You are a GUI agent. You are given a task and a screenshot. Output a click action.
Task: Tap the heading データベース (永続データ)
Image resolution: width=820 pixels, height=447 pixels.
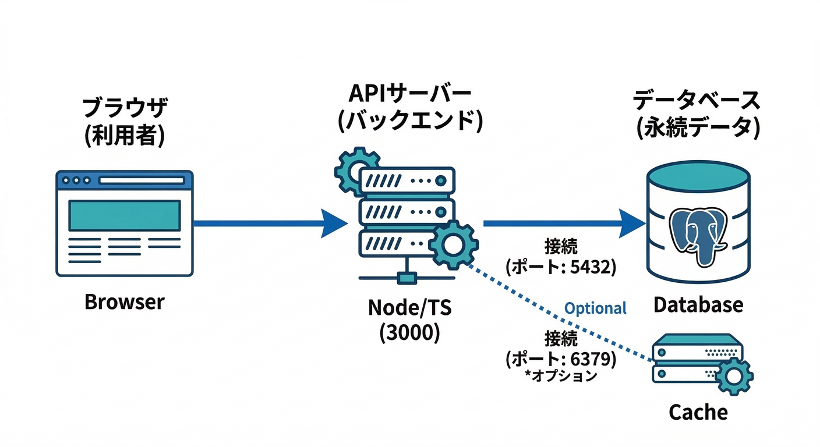point(697,114)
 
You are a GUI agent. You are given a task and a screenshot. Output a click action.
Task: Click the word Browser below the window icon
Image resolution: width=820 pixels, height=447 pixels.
point(125,302)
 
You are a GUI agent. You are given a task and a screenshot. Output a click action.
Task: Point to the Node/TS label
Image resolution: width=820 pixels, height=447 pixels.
point(409,308)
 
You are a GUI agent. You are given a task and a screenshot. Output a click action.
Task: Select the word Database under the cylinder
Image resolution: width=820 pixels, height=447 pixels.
point(698,304)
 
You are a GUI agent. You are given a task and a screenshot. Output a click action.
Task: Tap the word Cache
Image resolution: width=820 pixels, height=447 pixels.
point(698,412)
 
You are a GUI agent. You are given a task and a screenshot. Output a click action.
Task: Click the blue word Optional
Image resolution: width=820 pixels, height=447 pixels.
point(596,308)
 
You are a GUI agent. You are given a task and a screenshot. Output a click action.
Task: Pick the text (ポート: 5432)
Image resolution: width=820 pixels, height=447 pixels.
point(561,267)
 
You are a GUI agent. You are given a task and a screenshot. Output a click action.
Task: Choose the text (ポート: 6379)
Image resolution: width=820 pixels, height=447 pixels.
point(561,359)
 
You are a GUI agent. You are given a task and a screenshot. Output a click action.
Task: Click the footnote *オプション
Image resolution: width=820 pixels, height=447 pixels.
point(561,376)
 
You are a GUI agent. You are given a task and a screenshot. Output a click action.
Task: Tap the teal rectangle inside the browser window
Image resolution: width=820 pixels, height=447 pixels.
point(124,215)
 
